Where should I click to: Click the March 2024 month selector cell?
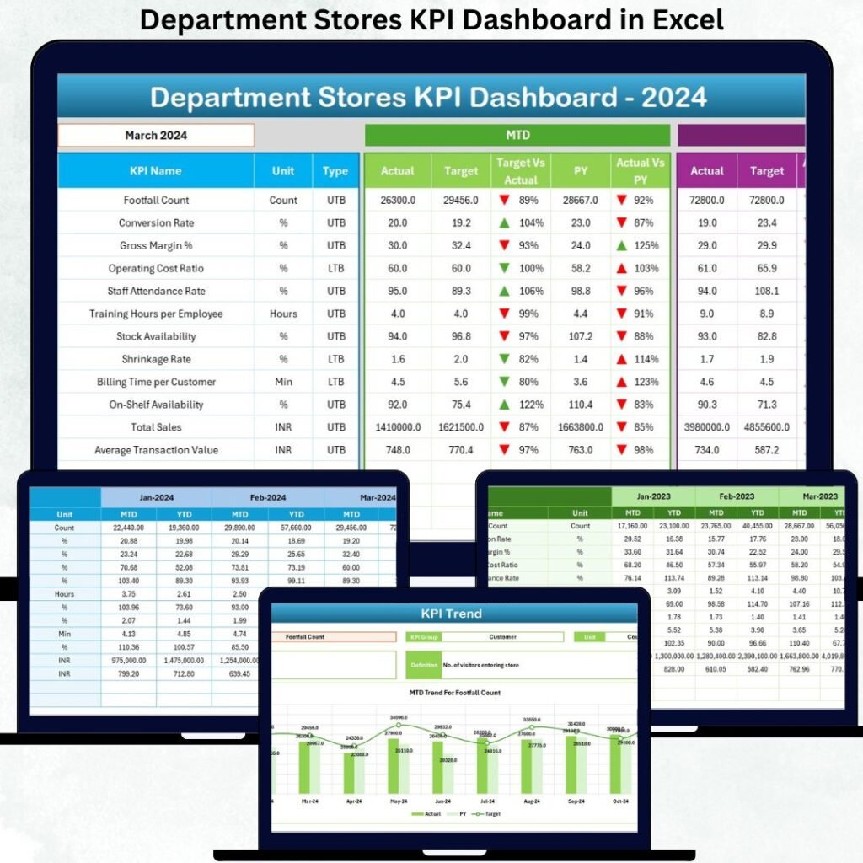156,135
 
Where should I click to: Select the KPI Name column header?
155,171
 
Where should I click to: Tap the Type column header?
335,171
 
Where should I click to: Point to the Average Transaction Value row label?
156,450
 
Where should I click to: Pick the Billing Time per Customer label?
156,382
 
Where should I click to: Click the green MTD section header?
517,135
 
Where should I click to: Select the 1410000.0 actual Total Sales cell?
396,427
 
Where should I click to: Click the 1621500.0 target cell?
461,427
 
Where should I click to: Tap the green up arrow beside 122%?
504,405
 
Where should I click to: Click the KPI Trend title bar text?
452,614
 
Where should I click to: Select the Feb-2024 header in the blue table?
267,498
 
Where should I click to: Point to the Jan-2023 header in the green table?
653,496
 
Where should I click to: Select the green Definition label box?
423,665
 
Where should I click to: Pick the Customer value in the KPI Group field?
503,637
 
